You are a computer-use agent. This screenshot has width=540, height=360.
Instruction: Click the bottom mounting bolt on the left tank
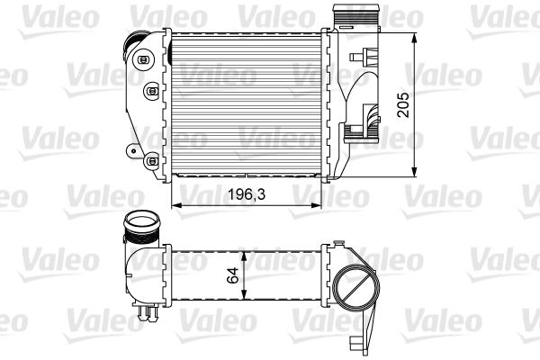point(147,161)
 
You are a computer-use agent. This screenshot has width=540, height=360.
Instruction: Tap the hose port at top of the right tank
point(353,19)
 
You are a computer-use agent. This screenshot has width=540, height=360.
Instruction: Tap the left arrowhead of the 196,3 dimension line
point(174,206)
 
